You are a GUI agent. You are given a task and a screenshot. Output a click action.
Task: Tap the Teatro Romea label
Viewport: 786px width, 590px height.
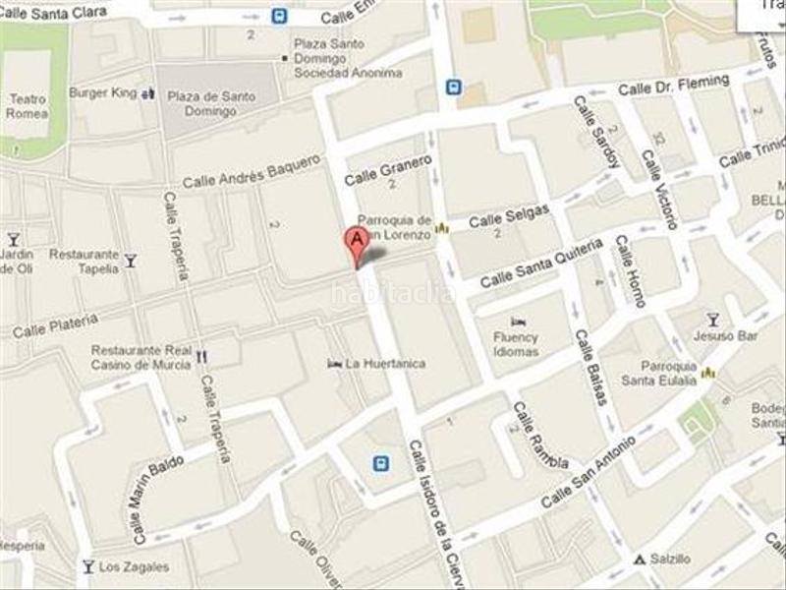point(28,105)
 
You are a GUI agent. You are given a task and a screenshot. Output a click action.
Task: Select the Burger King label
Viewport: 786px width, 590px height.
point(102,93)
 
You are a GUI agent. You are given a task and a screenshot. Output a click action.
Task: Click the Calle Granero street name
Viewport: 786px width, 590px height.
point(389,171)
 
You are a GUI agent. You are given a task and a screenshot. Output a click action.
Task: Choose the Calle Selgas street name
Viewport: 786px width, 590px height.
point(509,215)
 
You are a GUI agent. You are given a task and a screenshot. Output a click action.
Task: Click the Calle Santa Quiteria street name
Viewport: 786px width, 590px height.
point(540,264)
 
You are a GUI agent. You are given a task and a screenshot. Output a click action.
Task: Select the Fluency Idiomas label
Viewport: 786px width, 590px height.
point(516,343)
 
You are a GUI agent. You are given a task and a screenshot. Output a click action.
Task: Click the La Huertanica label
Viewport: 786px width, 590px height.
point(391,364)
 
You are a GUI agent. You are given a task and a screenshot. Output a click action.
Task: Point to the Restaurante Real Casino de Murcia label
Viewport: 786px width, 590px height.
point(141,357)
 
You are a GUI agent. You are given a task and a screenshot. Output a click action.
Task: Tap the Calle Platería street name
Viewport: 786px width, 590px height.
point(55,325)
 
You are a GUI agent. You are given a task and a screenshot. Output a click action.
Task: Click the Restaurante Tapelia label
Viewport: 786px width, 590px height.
point(84,261)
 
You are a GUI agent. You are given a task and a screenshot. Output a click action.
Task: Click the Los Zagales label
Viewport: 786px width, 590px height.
point(134,566)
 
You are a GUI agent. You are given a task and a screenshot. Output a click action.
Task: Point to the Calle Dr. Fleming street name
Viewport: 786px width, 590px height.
point(673,86)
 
